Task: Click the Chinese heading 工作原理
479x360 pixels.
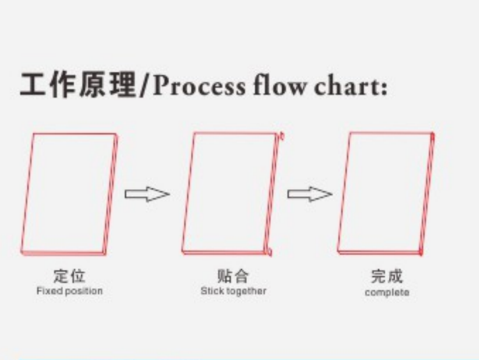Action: pos(78,85)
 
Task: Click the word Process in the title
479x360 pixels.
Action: pos(199,85)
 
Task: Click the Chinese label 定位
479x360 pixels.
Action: pos(70,276)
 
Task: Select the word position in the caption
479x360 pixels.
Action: pos(84,291)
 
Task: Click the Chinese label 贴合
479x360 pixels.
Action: pos(233,276)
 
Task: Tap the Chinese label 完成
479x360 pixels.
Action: pos(386,276)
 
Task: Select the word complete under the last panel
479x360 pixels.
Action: pos(387,292)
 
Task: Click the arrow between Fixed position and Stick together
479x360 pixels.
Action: pos(147,194)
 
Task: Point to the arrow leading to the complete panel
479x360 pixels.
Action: pos(310,194)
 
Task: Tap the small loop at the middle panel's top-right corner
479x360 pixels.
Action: pos(282,136)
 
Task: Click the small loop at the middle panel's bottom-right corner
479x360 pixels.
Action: pos(269,252)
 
